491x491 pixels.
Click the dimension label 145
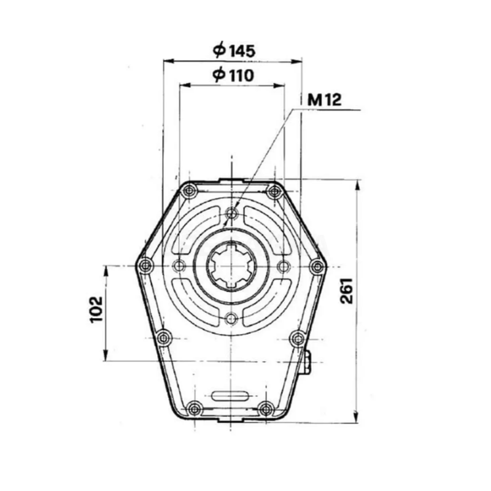(x=242, y=51)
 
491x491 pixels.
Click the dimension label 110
(x=240, y=75)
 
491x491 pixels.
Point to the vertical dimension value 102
(x=95, y=311)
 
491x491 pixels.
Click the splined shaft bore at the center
(x=231, y=266)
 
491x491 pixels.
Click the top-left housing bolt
(x=190, y=188)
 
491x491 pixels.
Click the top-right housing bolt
(x=274, y=191)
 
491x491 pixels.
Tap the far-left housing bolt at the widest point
(x=145, y=266)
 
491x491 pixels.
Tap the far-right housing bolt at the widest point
(x=317, y=266)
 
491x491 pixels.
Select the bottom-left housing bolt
(x=195, y=408)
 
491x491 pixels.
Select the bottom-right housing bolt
(x=266, y=408)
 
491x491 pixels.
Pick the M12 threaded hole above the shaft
(x=231, y=214)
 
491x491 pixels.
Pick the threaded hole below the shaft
(x=231, y=319)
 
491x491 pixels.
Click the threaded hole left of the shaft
(x=179, y=266)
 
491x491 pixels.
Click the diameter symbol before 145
(x=220, y=51)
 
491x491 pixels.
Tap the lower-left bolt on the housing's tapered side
(x=163, y=338)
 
